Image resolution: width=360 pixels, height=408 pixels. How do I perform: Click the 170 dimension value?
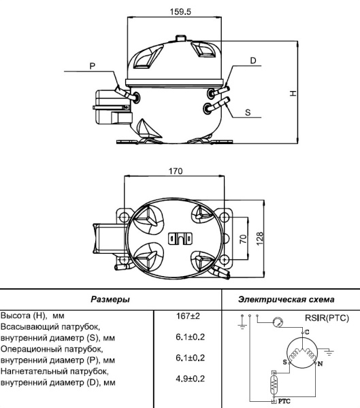pos(175,171)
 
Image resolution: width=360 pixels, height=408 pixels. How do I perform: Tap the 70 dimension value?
pos(242,239)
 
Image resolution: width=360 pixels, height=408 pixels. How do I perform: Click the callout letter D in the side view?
pos(252,61)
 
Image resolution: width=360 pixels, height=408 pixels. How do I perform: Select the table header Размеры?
pos(111,299)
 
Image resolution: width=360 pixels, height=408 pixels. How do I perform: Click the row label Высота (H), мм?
pos(33,316)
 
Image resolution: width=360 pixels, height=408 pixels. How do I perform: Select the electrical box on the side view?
pos(109,107)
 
